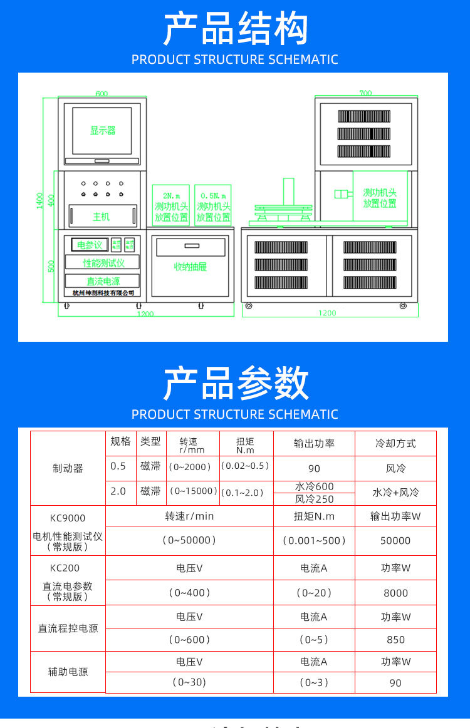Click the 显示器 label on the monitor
[103, 131]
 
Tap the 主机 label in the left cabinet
[102, 217]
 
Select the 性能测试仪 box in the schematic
[103, 263]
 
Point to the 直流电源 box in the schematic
[103, 282]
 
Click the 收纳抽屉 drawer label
[190, 267]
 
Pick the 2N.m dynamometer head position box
[171, 206]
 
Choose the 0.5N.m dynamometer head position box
[213, 206]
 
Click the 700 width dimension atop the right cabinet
[365, 93]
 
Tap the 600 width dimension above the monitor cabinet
[102, 94]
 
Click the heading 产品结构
[235, 29]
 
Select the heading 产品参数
[235, 383]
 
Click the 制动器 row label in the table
[68, 468]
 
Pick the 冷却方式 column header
[395, 443]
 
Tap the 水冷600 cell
[314, 486]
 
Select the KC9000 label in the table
[68, 518]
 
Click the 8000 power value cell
[395, 593]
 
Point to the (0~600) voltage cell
[189, 640]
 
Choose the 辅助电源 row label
[68, 672]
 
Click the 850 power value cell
[395, 640]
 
